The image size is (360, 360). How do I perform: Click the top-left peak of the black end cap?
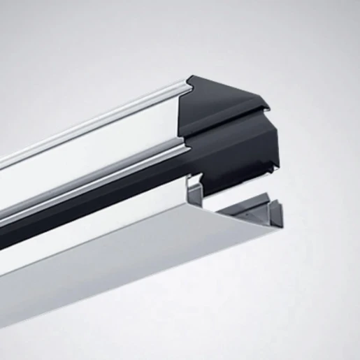pyautogui.click(x=190, y=78)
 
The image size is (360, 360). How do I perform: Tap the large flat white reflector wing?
pyautogui.click(x=126, y=252)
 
